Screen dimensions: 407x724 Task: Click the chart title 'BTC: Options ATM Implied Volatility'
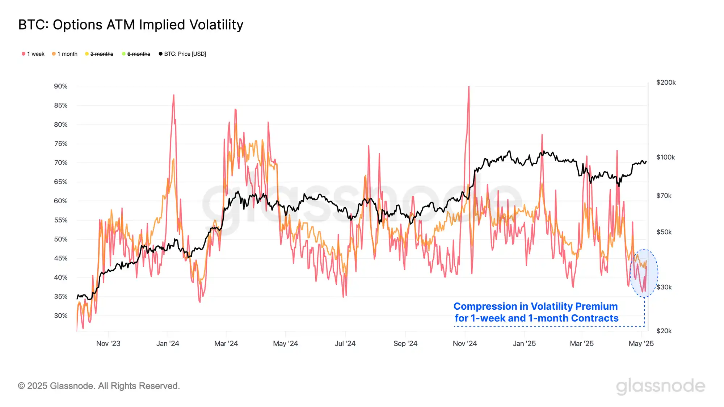coord(131,25)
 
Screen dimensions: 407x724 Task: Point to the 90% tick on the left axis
coord(60,86)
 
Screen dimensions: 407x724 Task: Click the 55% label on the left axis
coord(60,220)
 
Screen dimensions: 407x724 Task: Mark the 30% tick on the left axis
coord(60,315)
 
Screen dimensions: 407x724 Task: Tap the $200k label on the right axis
coord(666,83)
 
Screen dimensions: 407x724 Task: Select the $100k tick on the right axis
coord(665,157)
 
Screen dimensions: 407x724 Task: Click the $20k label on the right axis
coord(664,331)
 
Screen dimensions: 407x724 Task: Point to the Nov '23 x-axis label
coord(108,343)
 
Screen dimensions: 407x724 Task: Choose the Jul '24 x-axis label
coord(345,343)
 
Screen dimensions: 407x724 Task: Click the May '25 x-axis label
coord(641,343)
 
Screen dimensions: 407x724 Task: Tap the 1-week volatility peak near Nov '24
coord(469,87)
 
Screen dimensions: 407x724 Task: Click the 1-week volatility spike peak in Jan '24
coord(174,96)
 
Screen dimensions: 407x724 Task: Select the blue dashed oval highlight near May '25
coord(644,273)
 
